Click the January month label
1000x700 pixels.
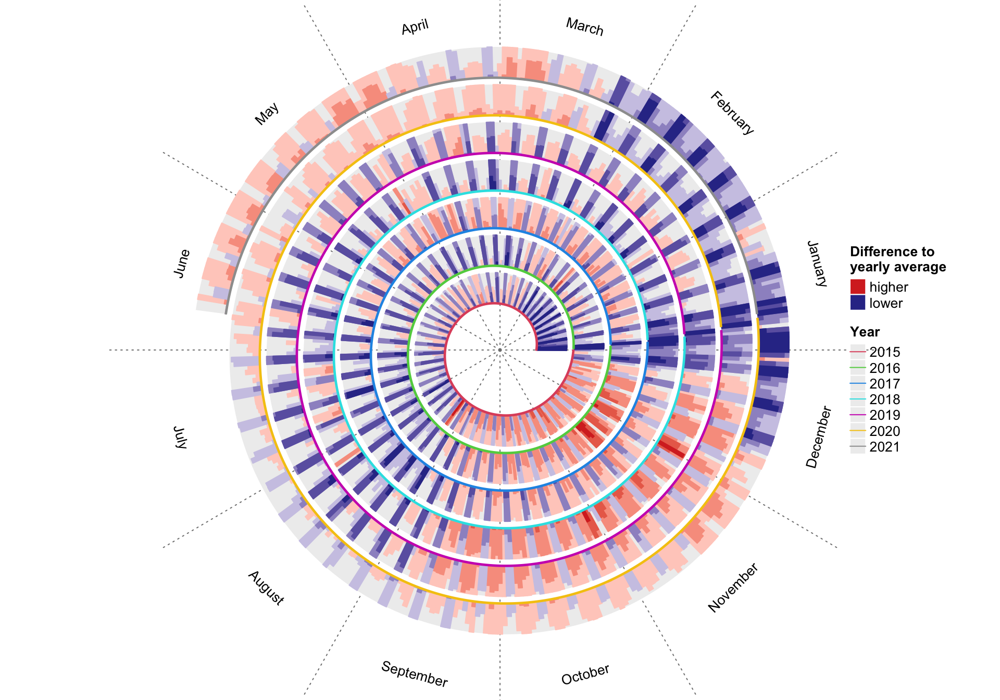click(x=817, y=264)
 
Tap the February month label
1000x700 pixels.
click(x=732, y=113)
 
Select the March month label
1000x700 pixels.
click(x=584, y=27)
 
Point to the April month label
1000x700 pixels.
click(x=415, y=27)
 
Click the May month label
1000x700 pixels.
click(x=267, y=114)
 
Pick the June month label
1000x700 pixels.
click(x=182, y=264)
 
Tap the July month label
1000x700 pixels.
click(x=180, y=437)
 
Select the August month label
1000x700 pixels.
click(x=266, y=588)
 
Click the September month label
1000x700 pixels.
click(x=415, y=674)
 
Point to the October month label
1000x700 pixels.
click(x=585, y=674)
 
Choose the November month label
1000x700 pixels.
click(x=733, y=587)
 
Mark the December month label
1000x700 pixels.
click(x=819, y=437)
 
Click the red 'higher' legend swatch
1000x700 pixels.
click(x=857, y=287)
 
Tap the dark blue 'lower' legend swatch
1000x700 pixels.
click(x=857, y=303)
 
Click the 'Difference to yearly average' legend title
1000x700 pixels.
click(x=898, y=259)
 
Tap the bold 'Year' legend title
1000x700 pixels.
click(x=865, y=332)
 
